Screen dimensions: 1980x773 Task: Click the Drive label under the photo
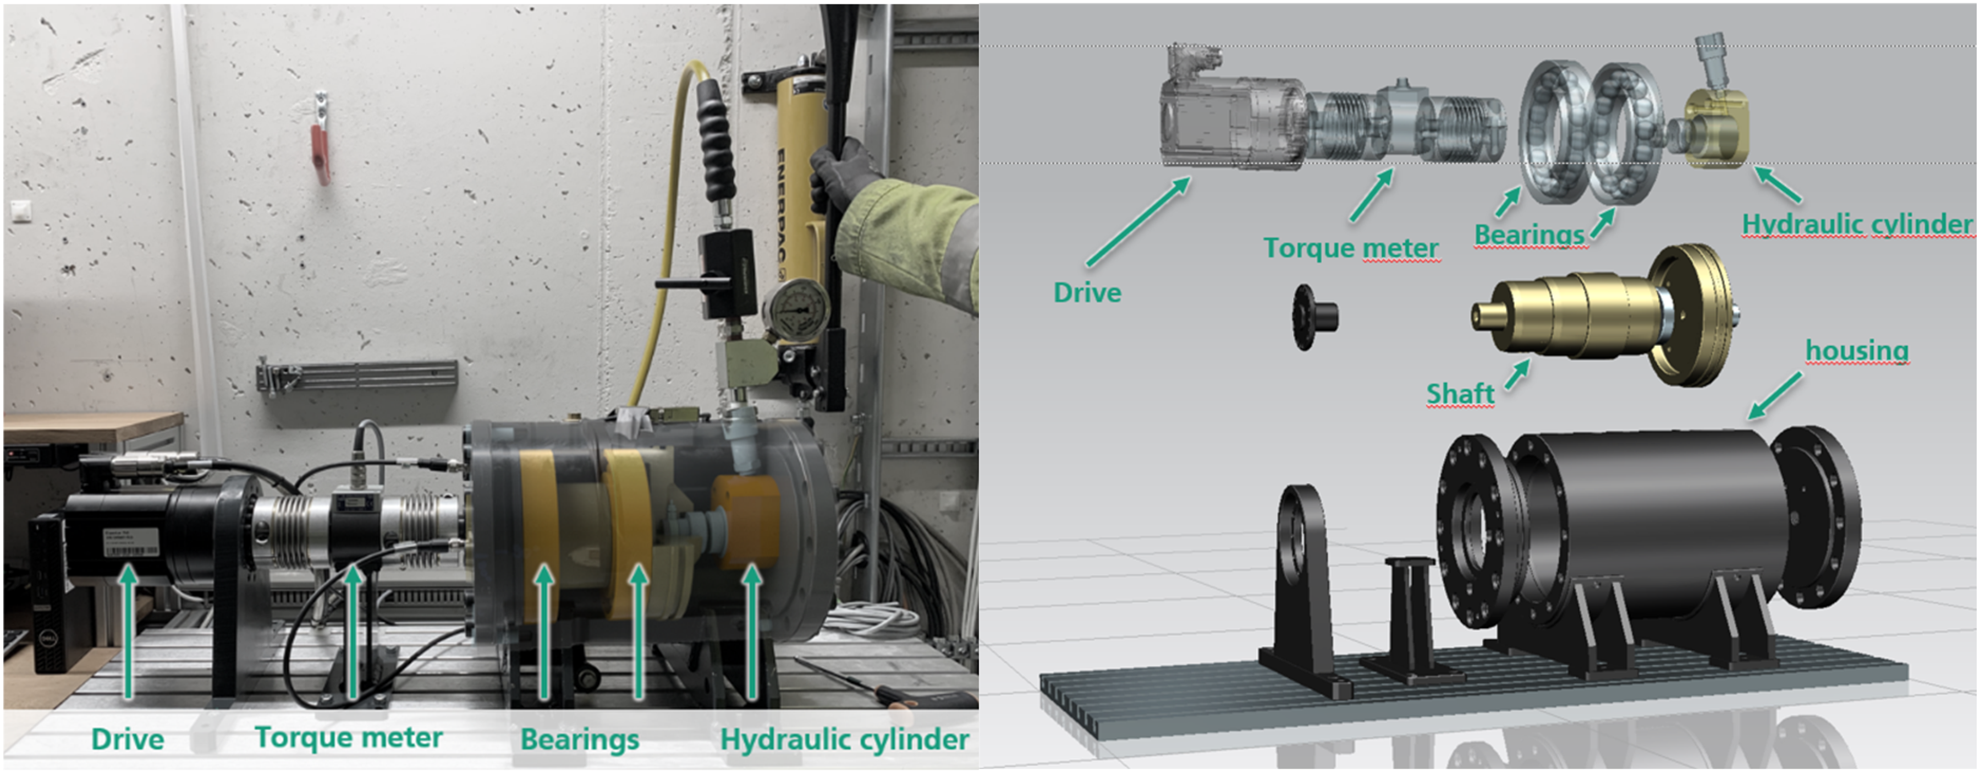128,739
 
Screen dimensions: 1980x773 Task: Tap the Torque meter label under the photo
349,738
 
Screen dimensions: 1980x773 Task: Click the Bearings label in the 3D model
1529,235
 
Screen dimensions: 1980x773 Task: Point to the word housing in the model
1857,351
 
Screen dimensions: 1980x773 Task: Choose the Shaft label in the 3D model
1460,394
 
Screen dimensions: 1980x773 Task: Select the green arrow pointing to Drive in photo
128,631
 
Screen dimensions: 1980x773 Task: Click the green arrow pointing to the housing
1775,395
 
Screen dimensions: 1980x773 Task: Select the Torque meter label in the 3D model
1350,248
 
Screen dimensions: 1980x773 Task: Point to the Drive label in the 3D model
1087,293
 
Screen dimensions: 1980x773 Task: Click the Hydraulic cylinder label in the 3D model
1857,225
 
